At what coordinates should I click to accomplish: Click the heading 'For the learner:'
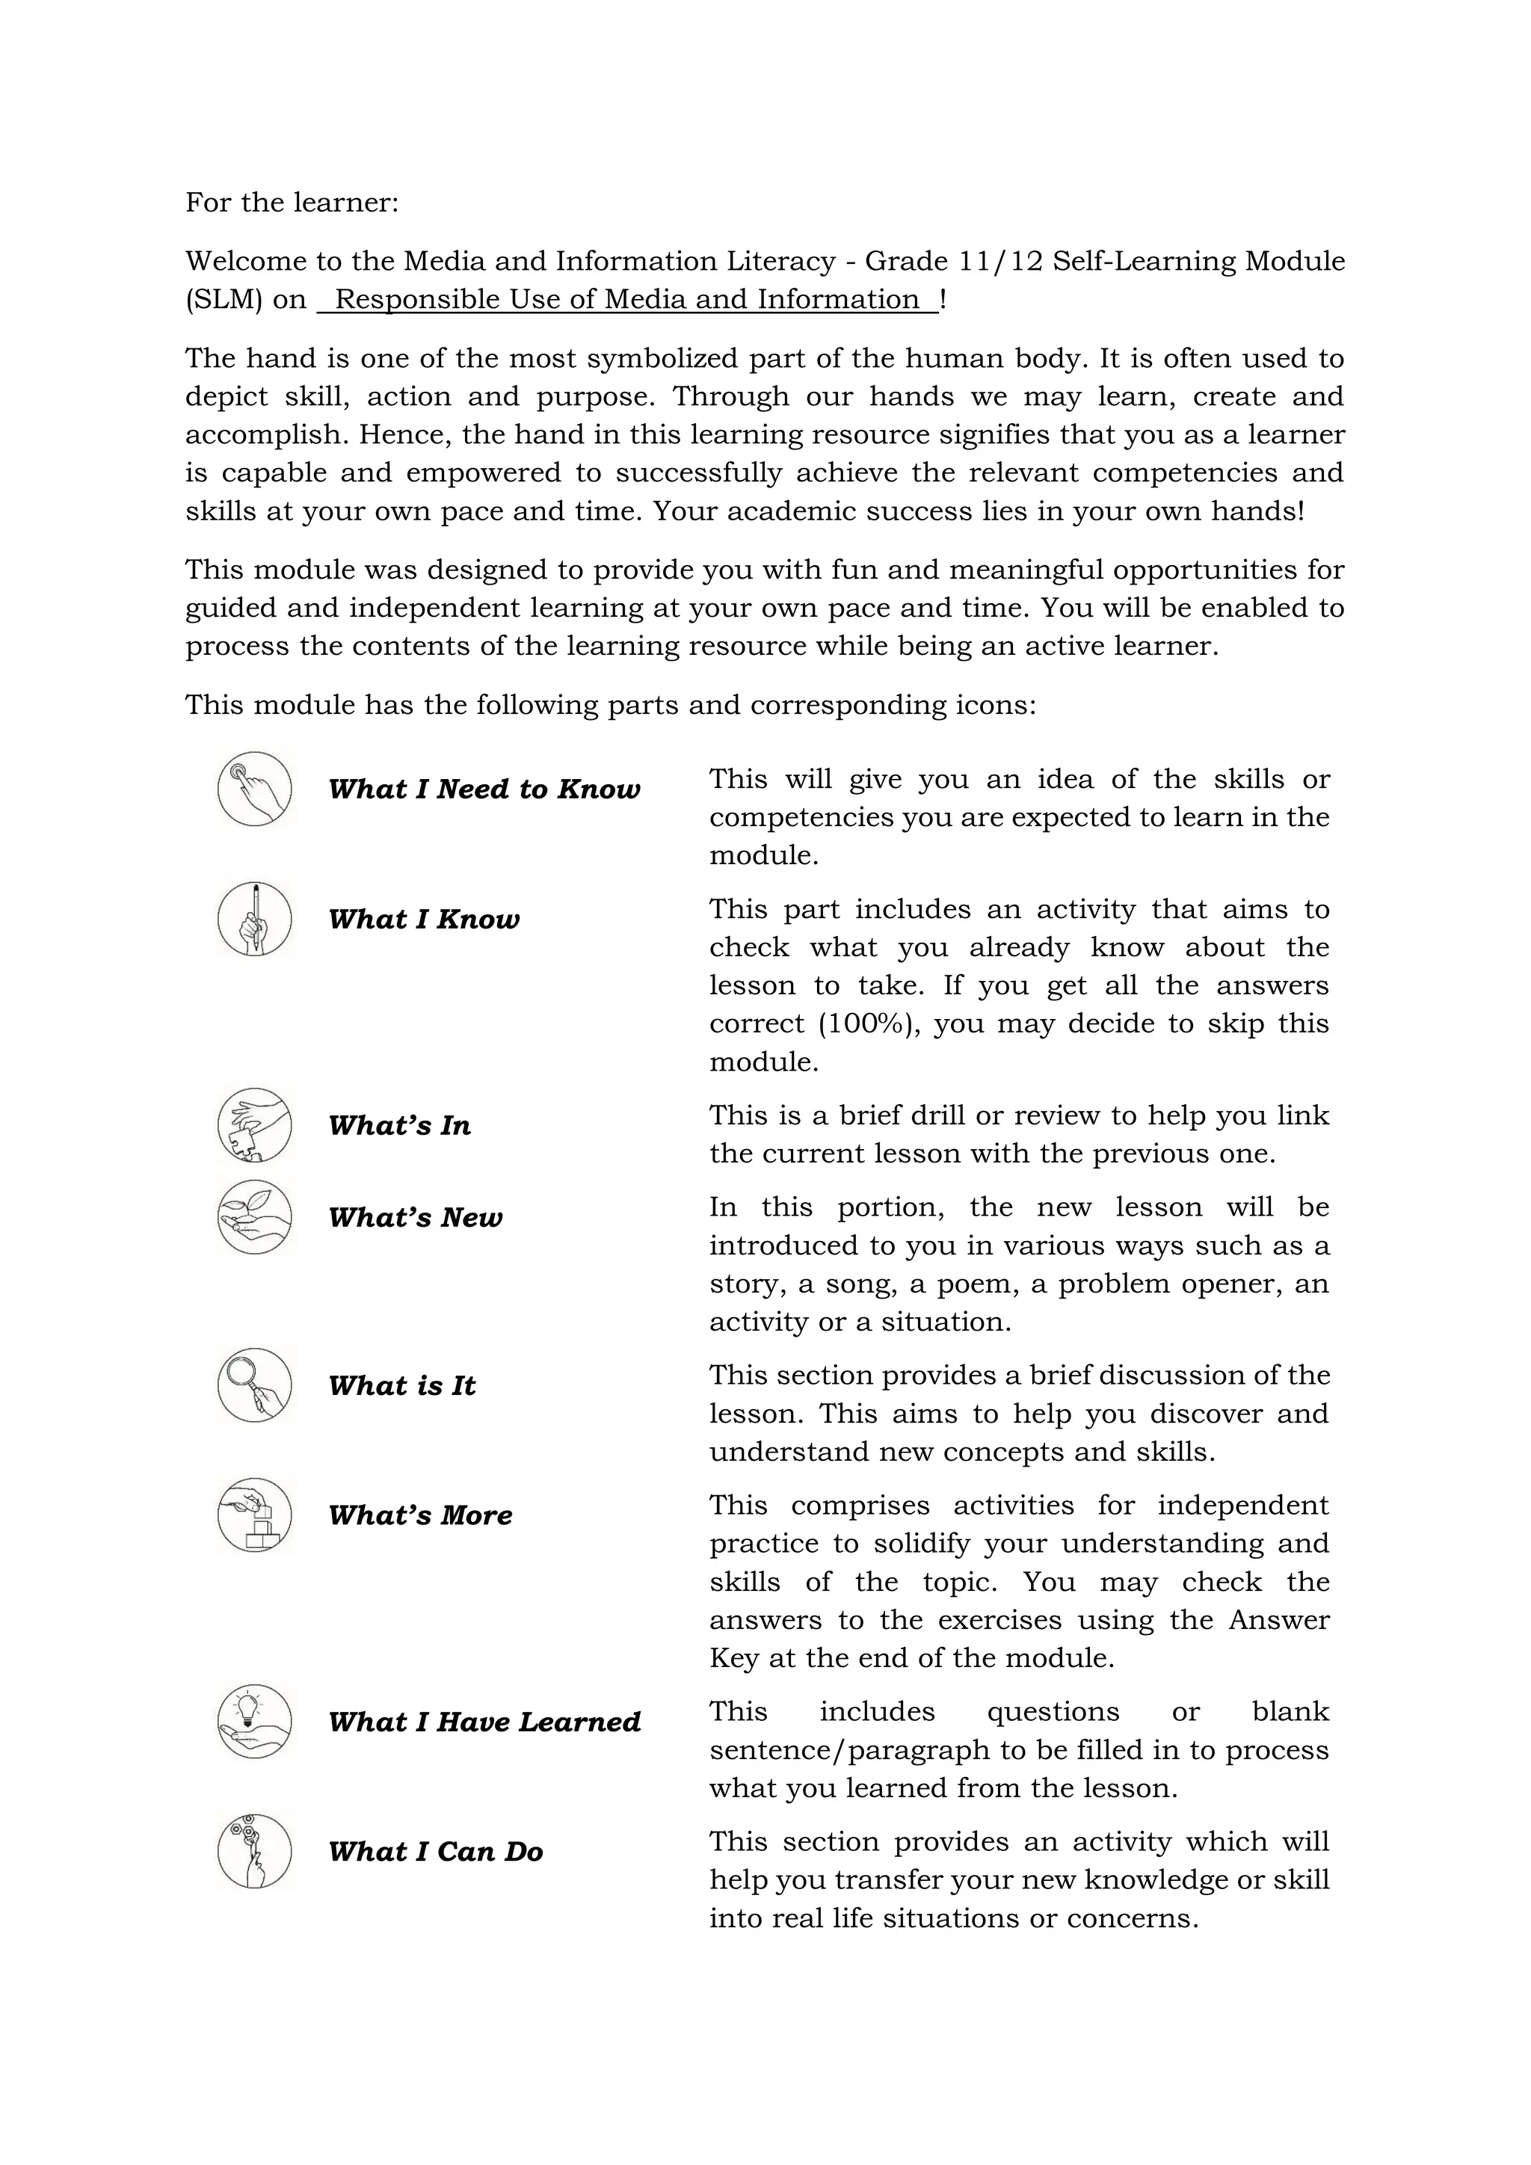(292, 203)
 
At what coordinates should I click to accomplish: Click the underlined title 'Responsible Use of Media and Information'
(627, 300)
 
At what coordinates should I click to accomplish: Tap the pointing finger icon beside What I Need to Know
(254, 789)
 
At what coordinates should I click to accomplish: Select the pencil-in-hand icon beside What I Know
(254, 920)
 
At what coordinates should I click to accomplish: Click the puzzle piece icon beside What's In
(254, 1126)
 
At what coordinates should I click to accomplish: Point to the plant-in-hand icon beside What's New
(254, 1217)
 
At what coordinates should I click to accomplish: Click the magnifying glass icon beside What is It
(254, 1385)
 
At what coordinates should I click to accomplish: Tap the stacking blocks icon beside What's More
(254, 1515)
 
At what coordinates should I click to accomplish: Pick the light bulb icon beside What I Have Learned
(254, 1722)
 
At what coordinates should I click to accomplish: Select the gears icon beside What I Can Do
(254, 1851)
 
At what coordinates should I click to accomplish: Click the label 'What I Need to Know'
(484, 789)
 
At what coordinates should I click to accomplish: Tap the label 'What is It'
(401, 1386)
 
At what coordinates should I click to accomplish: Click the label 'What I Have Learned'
(484, 1722)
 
